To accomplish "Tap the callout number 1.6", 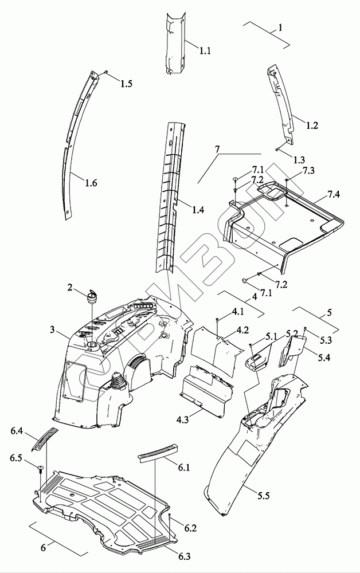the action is [91, 182].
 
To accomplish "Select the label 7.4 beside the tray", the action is [332, 194].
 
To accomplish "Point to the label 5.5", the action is [262, 496].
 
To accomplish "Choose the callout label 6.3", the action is [184, 556].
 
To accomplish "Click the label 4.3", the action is [182, 419].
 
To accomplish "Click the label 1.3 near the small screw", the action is [299, 159].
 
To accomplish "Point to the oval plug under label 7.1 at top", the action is [235, 179].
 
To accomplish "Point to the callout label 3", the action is [52, 330].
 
